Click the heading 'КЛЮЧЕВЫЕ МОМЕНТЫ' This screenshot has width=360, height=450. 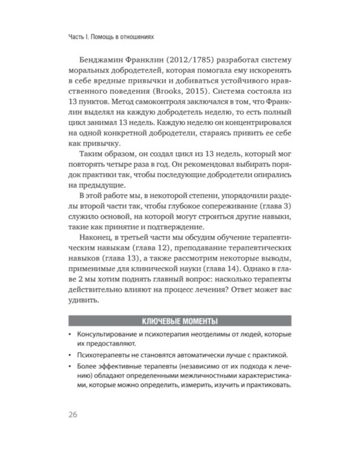coord(179,320)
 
